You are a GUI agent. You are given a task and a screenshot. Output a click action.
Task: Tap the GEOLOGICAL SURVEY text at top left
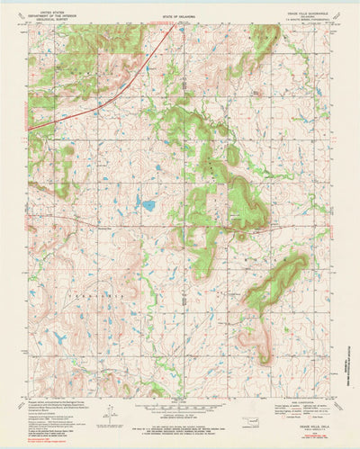point(49,14)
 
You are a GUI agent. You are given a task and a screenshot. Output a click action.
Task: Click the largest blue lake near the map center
point(147,204)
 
